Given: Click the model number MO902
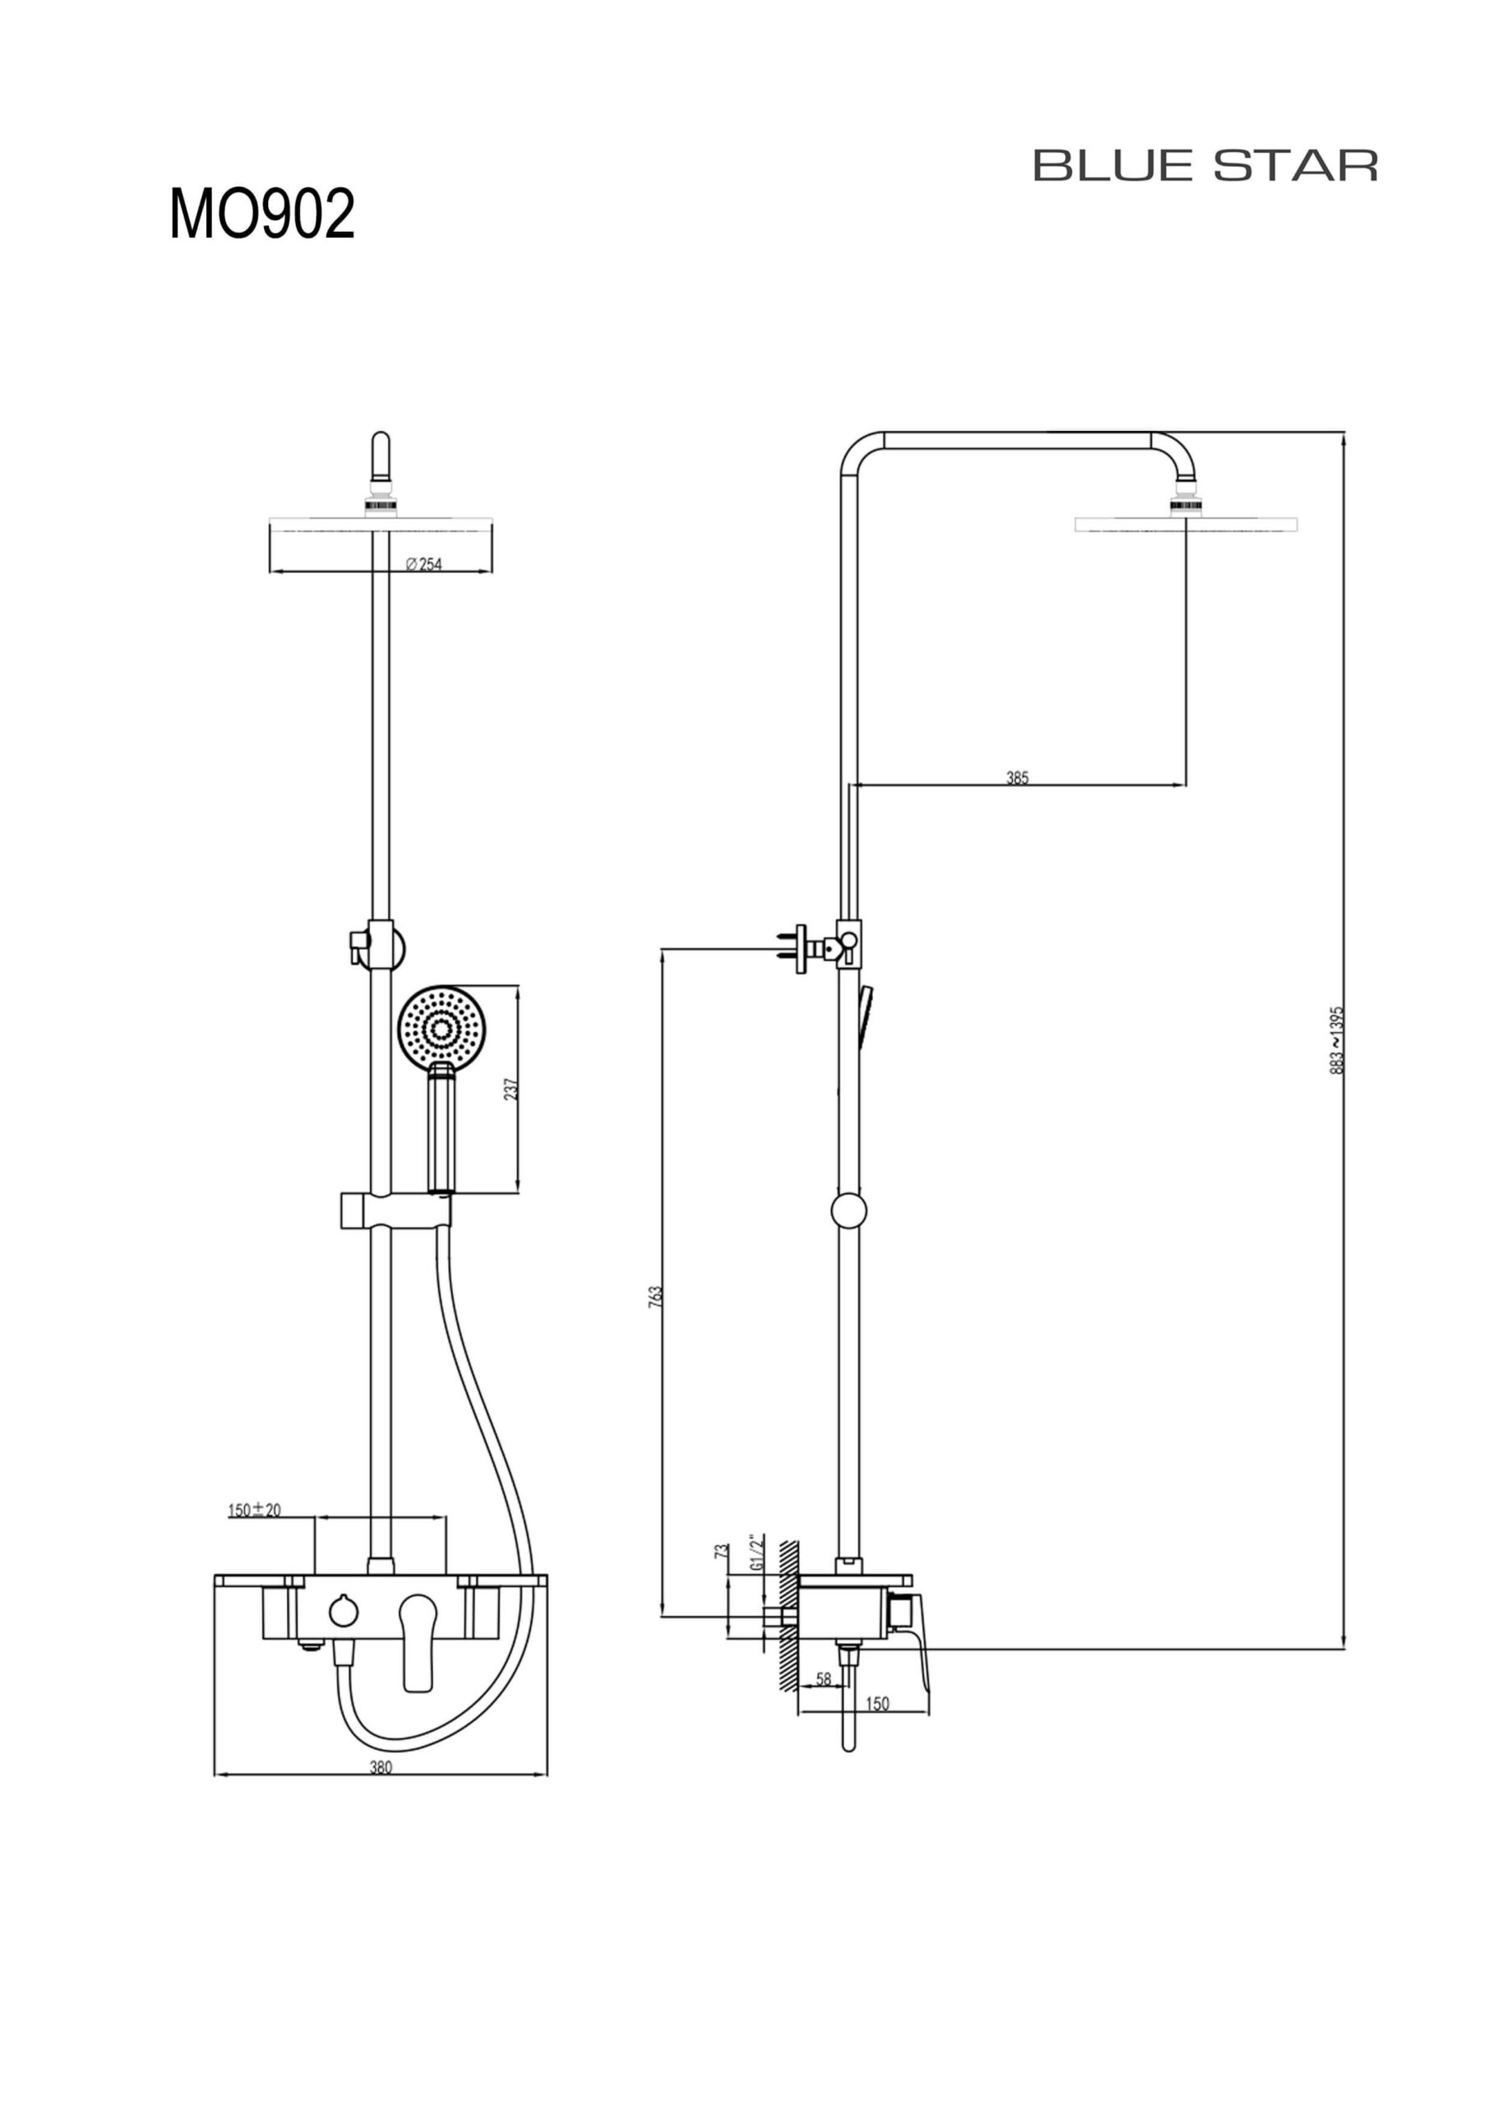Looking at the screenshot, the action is pos(261,215).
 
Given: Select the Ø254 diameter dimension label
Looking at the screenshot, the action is pos(423,565).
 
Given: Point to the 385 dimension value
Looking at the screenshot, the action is pos(1018,778).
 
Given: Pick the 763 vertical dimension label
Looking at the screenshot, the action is pos(655,1297).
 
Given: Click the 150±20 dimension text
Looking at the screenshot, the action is pos(255,1509).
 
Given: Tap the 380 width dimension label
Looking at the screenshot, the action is pos(381,1768).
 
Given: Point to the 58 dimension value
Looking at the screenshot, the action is pos(823,1679).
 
